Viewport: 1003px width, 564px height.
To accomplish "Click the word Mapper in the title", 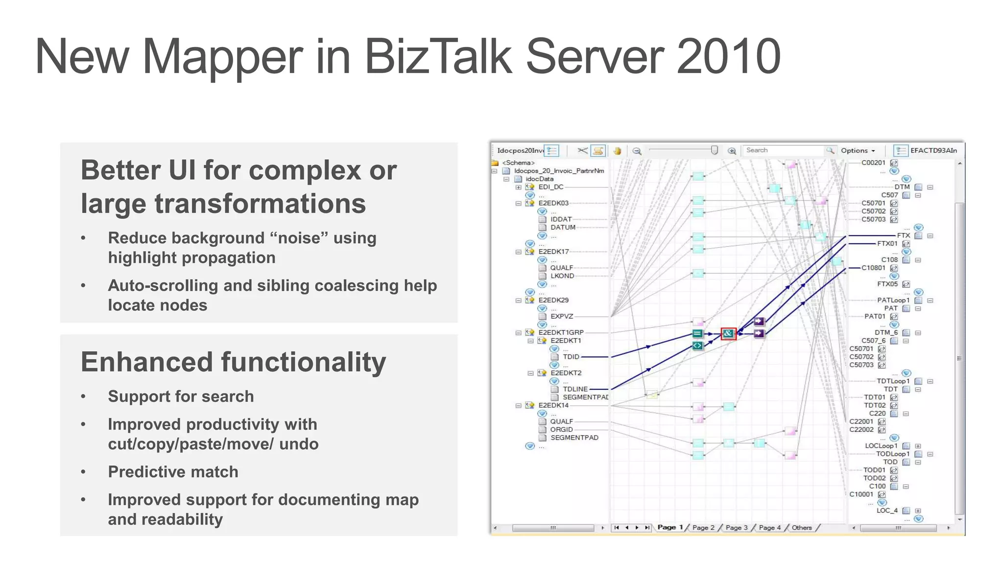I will [222, 57].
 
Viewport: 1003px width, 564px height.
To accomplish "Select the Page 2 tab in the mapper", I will [703, 527].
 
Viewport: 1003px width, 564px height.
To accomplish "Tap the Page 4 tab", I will [769, 527].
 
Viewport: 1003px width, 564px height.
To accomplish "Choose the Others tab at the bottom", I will [802, 527].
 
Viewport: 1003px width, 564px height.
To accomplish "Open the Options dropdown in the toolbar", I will [858, 151].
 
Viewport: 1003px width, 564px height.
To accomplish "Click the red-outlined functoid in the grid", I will [728, 333].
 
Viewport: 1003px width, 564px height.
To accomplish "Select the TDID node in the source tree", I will [571, 357].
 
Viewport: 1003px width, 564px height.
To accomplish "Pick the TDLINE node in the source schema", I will [575, 389].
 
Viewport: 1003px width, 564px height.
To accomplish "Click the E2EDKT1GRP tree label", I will [561, 332].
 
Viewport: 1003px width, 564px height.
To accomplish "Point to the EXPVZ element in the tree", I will [562, 316].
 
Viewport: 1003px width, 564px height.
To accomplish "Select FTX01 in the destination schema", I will [887, 243].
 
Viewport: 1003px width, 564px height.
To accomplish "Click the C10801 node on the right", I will [873, 268].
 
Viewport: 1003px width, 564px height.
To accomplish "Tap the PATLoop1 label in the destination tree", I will [893, 300].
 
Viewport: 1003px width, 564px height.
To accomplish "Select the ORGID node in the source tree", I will [561, 429].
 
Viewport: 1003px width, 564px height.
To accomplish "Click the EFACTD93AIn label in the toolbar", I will [933, 150].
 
